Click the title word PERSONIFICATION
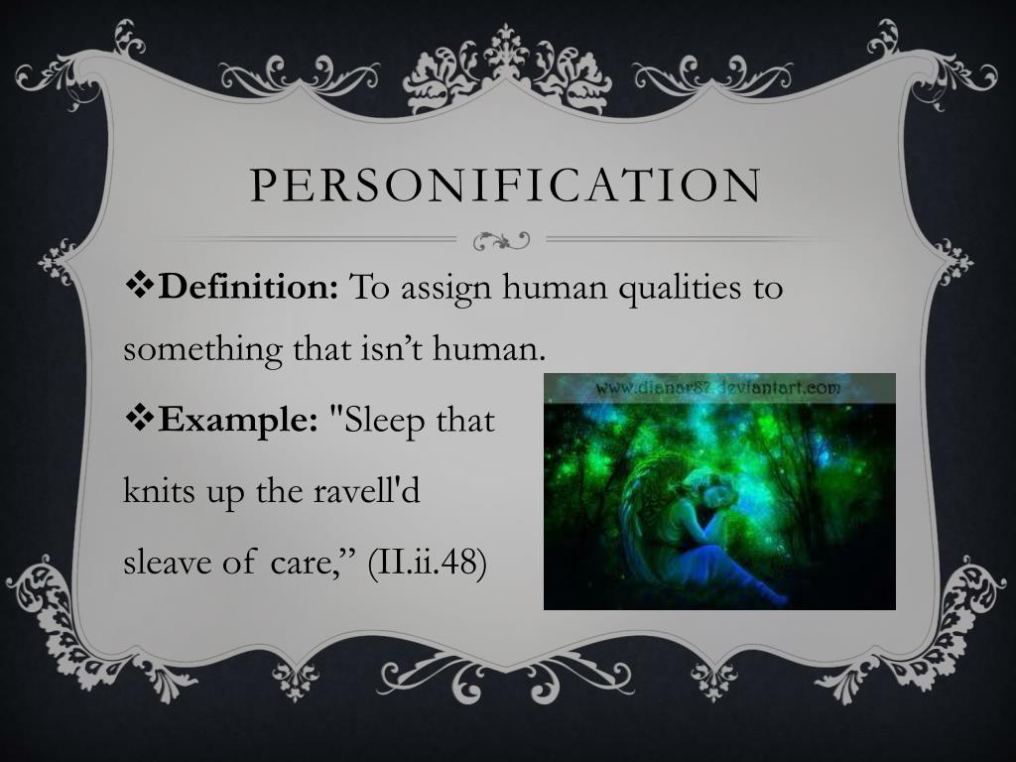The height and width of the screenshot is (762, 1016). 506,186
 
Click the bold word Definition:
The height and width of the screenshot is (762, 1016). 249,289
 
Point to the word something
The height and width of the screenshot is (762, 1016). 202,350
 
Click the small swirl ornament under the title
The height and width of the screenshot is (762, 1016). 500,240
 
